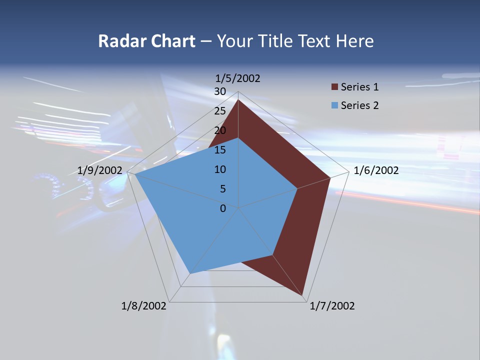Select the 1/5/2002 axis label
coord(238,78)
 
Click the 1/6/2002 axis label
coord(376,170)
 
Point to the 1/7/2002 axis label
coord(332,306)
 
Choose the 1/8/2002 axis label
coord(144,306)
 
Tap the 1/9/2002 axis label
coord(100,170)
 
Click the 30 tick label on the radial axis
coord(220,91)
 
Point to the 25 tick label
coord(220,111)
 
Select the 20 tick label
coord(220,130)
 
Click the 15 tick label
coord(220,150)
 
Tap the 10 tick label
coord(220,169)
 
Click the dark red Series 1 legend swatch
coord(334,87)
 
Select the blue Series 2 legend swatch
coord(334,106)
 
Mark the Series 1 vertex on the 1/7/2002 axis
coord(302,295)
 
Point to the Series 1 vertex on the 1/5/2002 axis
coord(238,100)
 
